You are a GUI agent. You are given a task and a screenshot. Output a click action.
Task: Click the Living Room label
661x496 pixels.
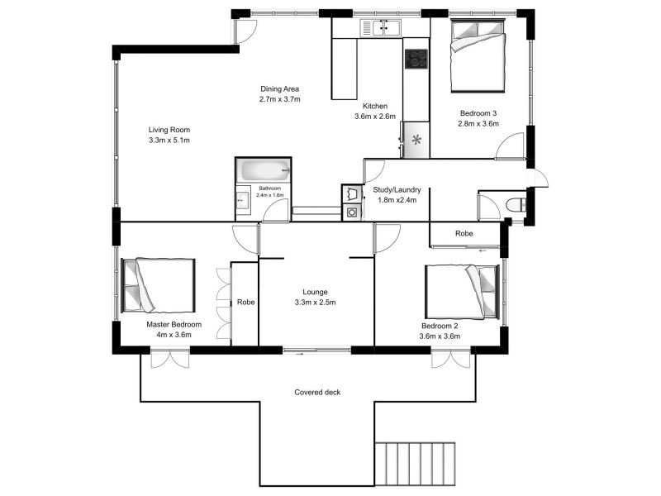click(x=169, y=130)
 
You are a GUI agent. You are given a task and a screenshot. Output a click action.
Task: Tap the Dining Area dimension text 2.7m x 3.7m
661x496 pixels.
click(x=279, y=98)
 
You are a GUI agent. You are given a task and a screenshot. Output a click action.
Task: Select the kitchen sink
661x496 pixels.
click(x=381, y=30)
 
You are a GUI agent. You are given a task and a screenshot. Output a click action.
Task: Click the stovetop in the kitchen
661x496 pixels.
click(x=416, y=60)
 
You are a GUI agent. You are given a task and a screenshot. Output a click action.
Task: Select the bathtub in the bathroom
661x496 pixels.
click(x=264, y=172)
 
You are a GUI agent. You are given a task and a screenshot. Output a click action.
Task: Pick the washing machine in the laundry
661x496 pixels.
click(x=352, y=212)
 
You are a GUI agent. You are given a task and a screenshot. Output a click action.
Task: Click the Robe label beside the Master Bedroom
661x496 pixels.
click(x=245, y=303)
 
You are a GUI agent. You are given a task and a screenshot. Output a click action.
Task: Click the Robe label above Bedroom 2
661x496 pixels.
click(x=464, y=234)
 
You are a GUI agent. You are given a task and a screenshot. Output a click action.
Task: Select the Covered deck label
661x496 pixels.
click(x=317, y=392)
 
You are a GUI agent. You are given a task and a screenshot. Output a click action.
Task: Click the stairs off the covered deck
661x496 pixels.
click(x=416, y=467)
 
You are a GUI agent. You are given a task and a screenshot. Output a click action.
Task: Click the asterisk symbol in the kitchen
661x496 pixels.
click(x=416, y=140)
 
